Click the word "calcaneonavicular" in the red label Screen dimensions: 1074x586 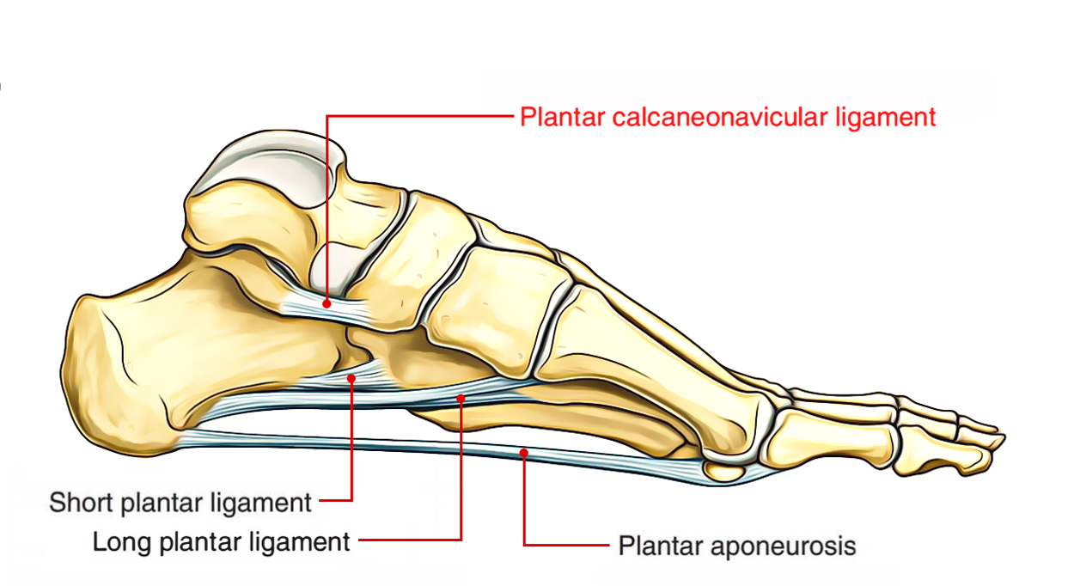click(721, 117)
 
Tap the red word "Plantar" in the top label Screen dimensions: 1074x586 click(562, 117)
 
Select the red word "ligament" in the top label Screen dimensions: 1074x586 click(886, 118)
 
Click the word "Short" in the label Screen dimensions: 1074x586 click(81, 502)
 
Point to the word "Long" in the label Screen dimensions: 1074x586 click(122, 542)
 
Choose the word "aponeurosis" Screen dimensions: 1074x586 click(783, 546)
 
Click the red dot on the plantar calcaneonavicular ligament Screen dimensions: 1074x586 click(326, 303)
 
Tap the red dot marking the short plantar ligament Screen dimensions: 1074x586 click(351, 378)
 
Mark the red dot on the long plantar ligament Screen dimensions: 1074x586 click(461, 398)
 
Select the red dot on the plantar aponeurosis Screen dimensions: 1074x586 click(523, 452)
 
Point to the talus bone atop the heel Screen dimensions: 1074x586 click(268, 211)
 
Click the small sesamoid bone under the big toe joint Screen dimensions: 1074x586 click(724, 470)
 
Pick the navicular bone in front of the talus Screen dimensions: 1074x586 click(412, 259)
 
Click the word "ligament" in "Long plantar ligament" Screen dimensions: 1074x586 click(299, 543)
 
